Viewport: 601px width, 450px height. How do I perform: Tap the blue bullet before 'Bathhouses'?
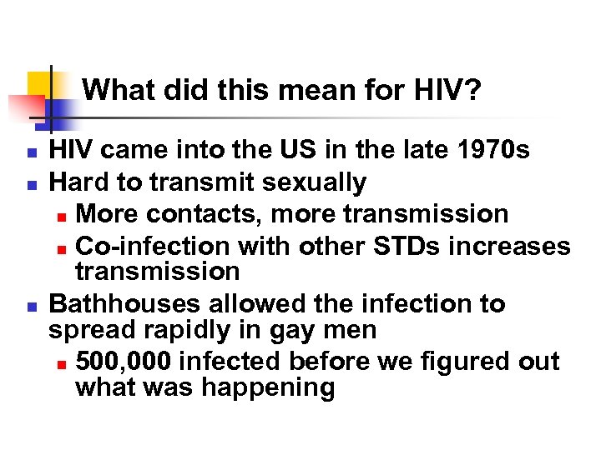(x=29, y=305)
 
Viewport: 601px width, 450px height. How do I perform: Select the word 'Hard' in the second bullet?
(x=78, y=182)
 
